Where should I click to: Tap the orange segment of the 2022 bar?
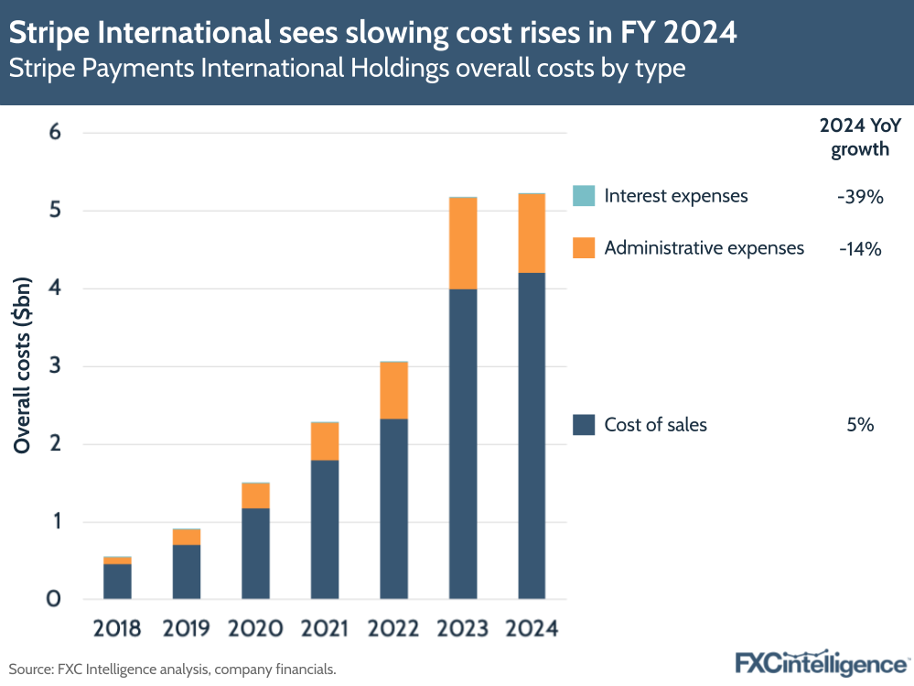393,390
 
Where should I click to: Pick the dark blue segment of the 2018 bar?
116,582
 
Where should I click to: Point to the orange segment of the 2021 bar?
324,441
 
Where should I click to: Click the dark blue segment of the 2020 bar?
255,553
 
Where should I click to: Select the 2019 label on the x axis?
186,629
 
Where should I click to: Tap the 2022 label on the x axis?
393,629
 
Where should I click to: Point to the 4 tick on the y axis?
54,289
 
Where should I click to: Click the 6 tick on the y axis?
54,133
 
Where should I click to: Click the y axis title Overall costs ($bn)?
25,366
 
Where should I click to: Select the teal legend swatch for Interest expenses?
584,196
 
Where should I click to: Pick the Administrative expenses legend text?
704,248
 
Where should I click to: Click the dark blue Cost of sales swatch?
584,424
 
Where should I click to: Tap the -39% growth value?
859,196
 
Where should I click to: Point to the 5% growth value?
860,424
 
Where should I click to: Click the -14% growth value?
859,248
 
